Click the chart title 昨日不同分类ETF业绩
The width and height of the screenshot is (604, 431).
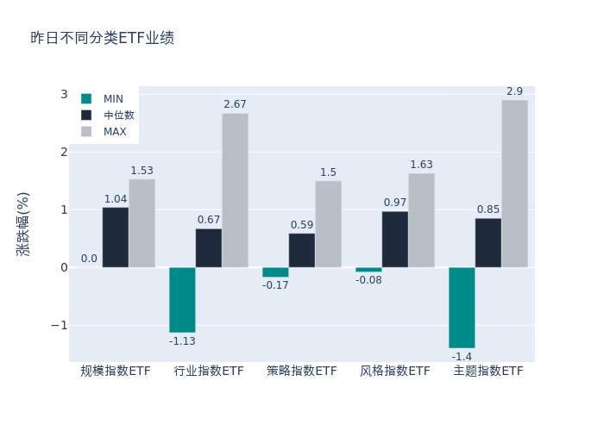102,38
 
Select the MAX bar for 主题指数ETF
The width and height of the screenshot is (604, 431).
514,184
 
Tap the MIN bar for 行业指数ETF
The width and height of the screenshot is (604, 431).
182,300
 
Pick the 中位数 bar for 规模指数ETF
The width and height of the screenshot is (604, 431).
116,237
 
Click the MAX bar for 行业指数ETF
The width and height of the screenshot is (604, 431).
235,191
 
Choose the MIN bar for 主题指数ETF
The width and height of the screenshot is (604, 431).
462,308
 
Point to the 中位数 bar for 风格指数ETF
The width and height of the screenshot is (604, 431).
395,240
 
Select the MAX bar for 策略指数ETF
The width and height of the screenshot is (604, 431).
328,224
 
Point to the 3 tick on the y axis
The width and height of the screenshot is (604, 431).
64,94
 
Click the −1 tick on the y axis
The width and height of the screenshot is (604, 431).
60,325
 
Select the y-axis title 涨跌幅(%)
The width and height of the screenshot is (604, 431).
23,224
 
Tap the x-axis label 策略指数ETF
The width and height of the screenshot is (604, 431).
302,372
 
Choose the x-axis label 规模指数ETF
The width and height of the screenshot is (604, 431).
116,372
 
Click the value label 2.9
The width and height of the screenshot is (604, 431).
514,91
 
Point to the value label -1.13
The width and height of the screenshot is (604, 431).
182,341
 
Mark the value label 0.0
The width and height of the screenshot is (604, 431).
89,259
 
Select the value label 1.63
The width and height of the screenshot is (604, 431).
421,165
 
